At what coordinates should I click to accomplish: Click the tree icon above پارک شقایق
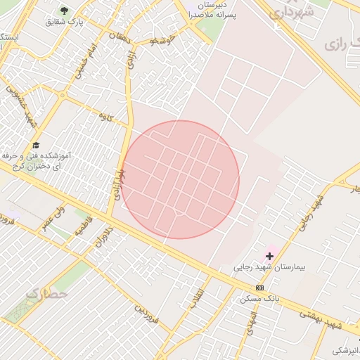pos(65,11)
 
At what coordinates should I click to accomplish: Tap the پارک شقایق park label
pos(65,22)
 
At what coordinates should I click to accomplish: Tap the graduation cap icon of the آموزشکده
pos(36,145)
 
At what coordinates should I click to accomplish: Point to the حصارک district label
pos(48,293)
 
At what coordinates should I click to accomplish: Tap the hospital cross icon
pos(269,256)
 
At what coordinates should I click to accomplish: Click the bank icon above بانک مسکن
pos(260,288)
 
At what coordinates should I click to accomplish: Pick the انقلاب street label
pos(197,297)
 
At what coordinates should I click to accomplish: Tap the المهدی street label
pos(250,323)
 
